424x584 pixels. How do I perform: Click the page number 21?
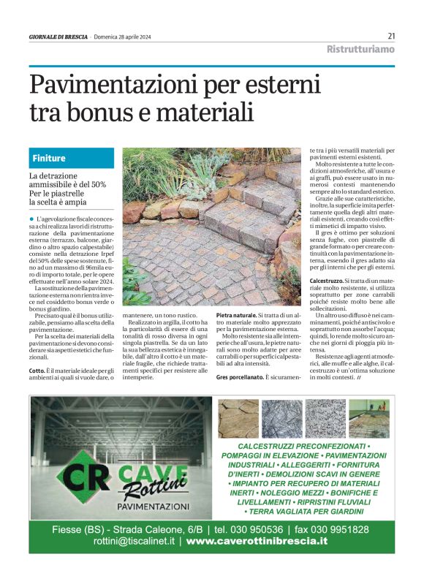tap(391, 36)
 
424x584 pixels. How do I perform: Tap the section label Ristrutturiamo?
tap(360, 50)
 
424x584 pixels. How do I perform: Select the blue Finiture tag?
tap(49, 158)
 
